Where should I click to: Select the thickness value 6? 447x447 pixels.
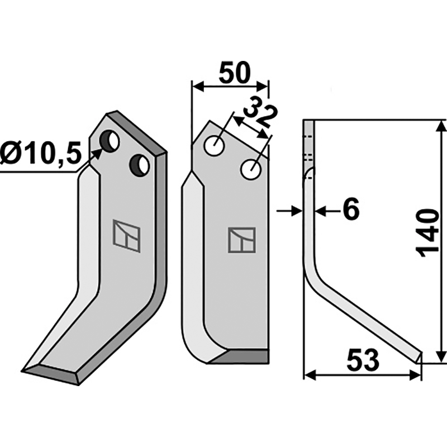coord(350,211)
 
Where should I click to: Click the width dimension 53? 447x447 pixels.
coord(362,360)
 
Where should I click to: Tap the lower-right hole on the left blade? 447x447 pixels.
coord(139,164)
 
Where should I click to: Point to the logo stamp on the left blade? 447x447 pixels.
coord(126,235)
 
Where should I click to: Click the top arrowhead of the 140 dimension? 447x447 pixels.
coord(441,124)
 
